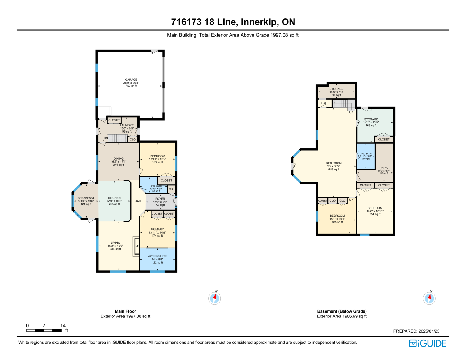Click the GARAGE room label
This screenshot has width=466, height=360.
click(131, 80)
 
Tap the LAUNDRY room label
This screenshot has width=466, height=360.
click(127, 125)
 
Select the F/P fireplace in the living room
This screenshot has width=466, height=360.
click(137, 246)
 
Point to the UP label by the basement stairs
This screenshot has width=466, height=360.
click(351, 112)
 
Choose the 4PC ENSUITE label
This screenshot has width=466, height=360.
click(157, 256)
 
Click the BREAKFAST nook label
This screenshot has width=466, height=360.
click(86, 198)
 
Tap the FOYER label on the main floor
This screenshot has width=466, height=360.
click(160, 199)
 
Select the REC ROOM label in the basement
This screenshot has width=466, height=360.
click(334, 163)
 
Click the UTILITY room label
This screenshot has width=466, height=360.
click(384, 168)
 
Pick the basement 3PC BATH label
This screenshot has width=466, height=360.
click(366, 153)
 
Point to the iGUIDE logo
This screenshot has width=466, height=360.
click(428, 343)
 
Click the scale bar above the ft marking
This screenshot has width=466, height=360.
click(44, 330)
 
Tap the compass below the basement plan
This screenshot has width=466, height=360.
click(429, 298)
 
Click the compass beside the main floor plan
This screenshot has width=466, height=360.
click(214, 298)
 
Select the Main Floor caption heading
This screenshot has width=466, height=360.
click(126, 311)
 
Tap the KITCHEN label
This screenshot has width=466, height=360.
click(114, 198)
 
